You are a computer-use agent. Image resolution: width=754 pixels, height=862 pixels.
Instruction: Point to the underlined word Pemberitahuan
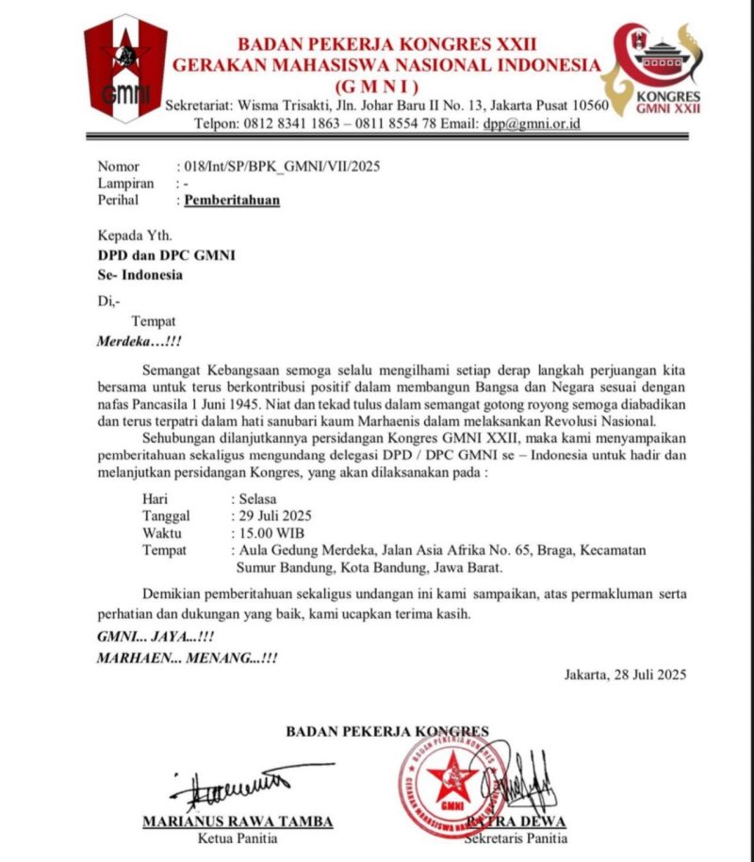pyautogui.click(x=232, y=200)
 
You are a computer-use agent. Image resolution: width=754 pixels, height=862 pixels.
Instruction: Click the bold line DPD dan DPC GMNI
pyautogui.click(x=167, y=256)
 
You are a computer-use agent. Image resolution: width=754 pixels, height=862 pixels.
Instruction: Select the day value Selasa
pyautogui.click(x=255, y=498)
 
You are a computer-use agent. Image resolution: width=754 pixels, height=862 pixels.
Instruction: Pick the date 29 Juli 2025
pyautogui.click(x=273, y=515)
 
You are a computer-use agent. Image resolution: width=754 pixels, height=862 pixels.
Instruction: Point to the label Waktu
pyautogui.click(x=162, y=532)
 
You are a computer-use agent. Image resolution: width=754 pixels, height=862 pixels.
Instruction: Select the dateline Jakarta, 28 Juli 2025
pyautogui.click(x=625, y=674)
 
